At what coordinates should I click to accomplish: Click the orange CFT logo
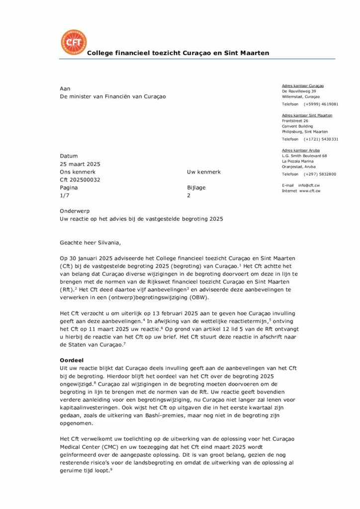point(74,42)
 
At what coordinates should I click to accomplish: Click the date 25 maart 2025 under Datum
point(80,164)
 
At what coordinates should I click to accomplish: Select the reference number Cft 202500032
point(80,180)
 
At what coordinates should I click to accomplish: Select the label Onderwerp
point(74,211)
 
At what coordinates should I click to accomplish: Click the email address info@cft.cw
point(309,185)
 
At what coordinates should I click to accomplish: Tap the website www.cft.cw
point(310,190)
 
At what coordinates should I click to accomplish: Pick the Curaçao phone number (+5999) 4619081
point(321,104)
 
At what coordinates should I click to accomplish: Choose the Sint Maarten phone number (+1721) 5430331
point(321,139)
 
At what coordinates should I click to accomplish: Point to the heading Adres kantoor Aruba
point(301,150)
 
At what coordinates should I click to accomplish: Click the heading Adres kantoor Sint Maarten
point(307,115)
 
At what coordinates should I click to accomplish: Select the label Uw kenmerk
point(204,172)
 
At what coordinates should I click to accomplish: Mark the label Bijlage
point(196,188)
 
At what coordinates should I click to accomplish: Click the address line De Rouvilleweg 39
point(299,91)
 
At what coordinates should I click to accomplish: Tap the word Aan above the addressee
point(65,88)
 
